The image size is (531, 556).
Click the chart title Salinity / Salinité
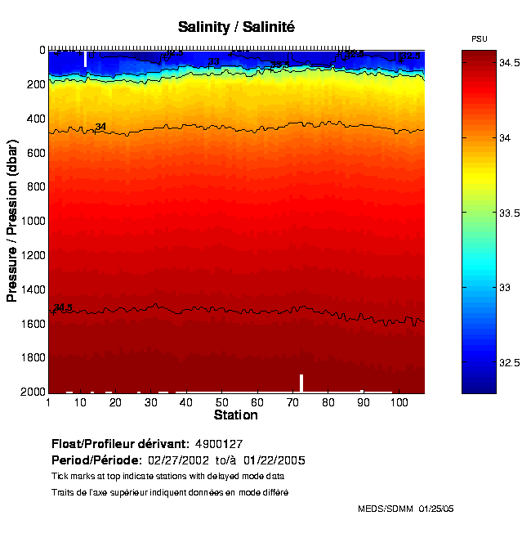pyautogui.click(x=236, y=27)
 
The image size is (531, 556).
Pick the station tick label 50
pyautogui.click(x=222, y=402)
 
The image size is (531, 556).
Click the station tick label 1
pyautogui.click(x=49, y=402)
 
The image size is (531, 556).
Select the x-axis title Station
pyautogui.click(x=236, y=415)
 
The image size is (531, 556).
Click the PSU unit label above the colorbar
pyautogui.click(x=480, y=39)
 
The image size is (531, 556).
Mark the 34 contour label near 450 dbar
pyautogui.click(x=100, y=127)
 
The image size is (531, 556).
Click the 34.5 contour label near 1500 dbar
pyautogui.click(x=63, y=307)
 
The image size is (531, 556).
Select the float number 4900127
pyautogui.click(x=219, y=444)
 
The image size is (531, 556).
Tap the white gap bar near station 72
pyautogui.click(x=301, y=383)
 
